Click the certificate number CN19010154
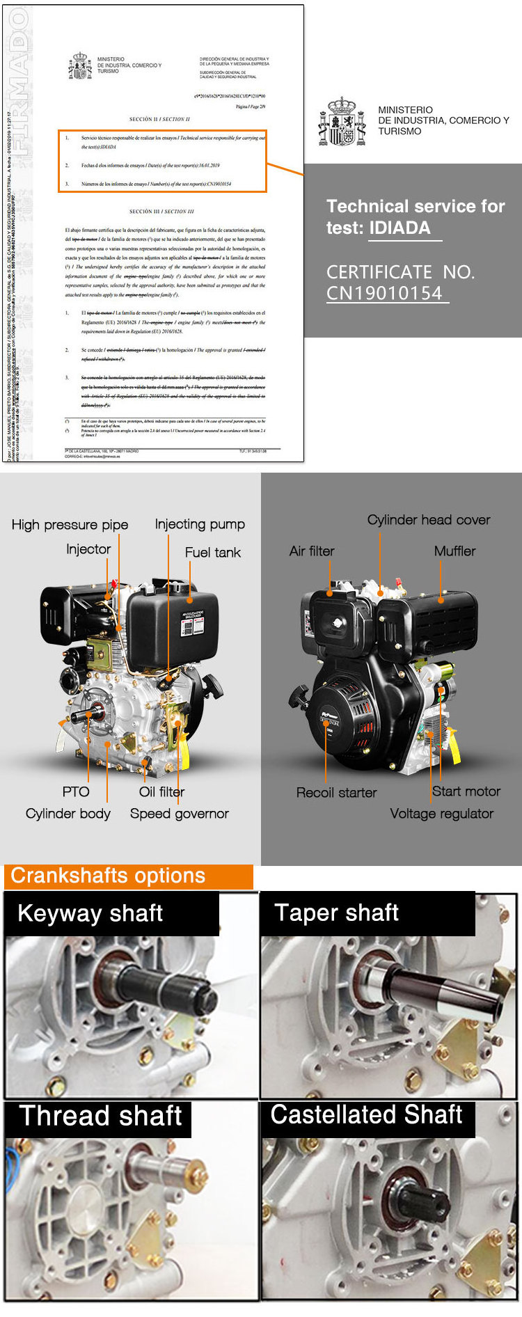[x=384, y=293]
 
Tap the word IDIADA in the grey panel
[x=400, y=228]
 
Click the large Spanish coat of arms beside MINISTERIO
[x=342, y=122]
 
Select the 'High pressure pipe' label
[x=70, y=525]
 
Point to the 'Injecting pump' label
[x=200, y=524]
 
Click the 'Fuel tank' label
[x=212, y=553]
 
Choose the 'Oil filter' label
[x=161, y=791]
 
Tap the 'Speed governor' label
[x=179, y=814]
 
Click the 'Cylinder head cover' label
[x=428, y=520]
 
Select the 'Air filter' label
[x=311, y=551]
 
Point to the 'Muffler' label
[x=454, y=551]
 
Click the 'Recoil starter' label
[x=336, y=793]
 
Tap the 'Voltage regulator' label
[x=441, y=814]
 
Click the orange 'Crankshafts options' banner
[x=128, y=876]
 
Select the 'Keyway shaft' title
[x=90, y=913]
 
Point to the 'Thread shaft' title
[x=100, y=1116]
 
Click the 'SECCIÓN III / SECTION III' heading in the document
[x=161, y=211]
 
